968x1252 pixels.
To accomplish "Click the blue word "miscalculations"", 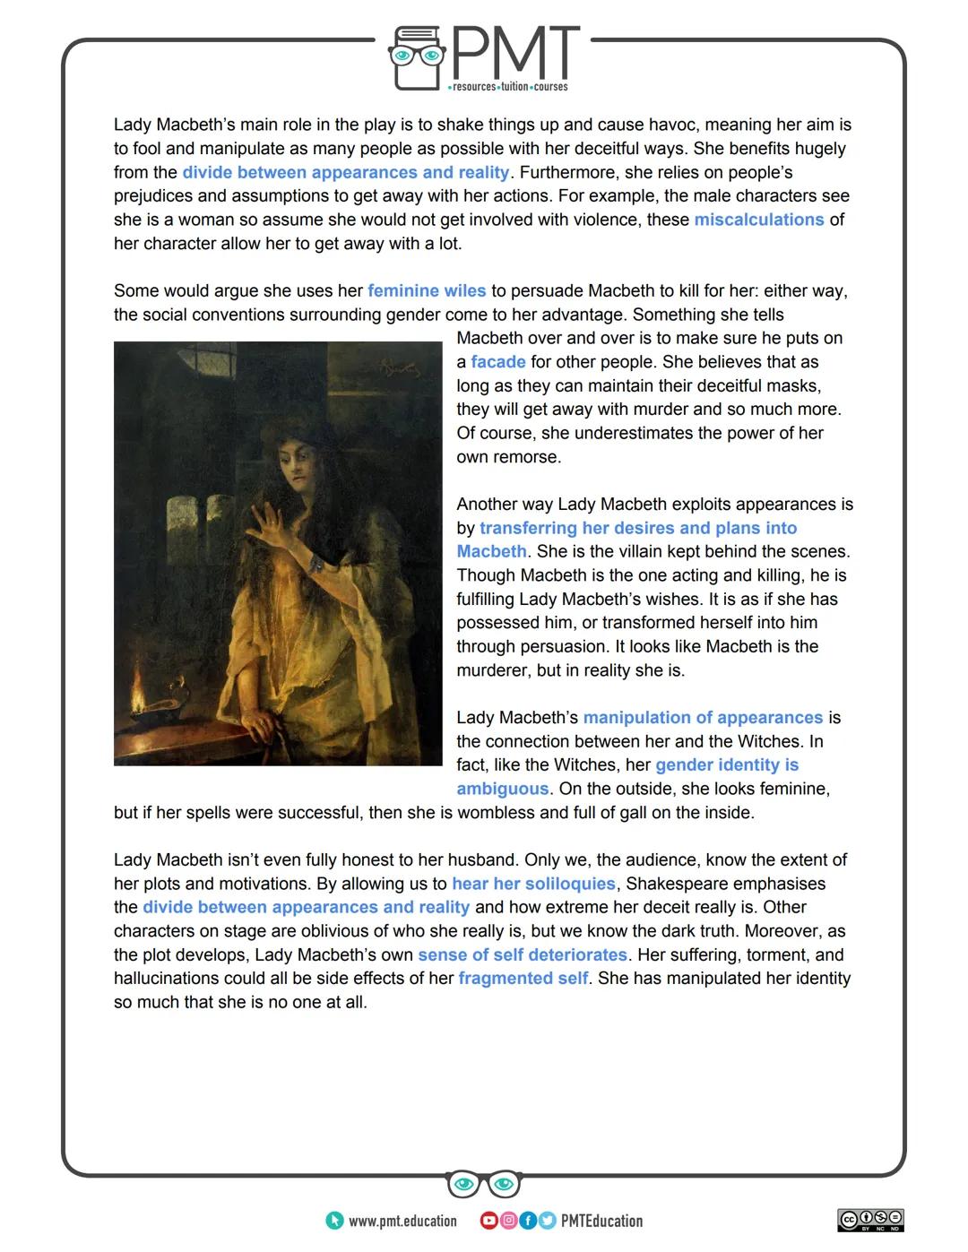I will tap(758, 220).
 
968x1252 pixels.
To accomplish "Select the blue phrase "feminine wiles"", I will tap(427, 291).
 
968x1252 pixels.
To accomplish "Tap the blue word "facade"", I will tap(497, 362).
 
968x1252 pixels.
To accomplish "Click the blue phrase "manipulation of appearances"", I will tap(703, 718).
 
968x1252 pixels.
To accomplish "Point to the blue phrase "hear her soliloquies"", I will tap(533, 884).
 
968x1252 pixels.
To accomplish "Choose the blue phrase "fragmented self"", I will tap(523, 979).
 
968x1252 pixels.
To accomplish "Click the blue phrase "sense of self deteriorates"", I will tap(523, 955).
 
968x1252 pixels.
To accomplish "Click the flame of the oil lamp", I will tap(139, 690).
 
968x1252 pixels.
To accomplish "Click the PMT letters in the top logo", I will tap(515, 54).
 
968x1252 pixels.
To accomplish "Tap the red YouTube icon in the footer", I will tap(488, 1221).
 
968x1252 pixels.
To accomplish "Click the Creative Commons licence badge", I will tap(870, 1220).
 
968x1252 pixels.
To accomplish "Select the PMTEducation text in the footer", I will tap(601, 1221).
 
